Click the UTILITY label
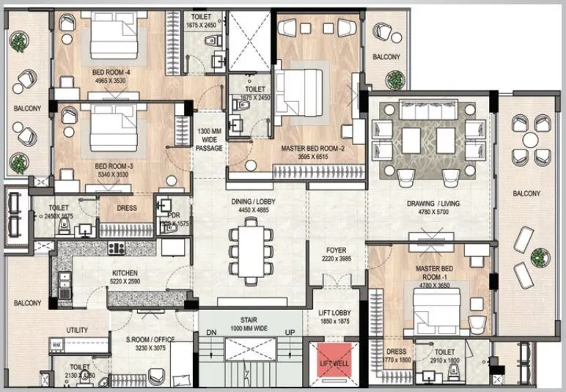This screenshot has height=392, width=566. click(77, 330)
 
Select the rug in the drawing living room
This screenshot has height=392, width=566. click(428, 139)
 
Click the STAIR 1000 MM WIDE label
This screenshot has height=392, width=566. click(251, 324)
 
